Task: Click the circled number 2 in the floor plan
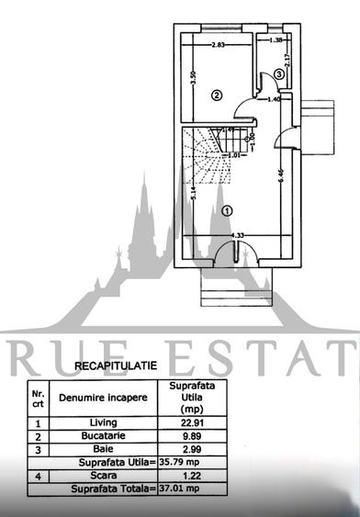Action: [218, 94]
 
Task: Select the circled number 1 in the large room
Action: [227, 209]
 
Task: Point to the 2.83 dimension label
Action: [218, 44]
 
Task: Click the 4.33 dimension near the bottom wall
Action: [237, 235]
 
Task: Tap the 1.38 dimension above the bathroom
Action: [275, 40]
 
